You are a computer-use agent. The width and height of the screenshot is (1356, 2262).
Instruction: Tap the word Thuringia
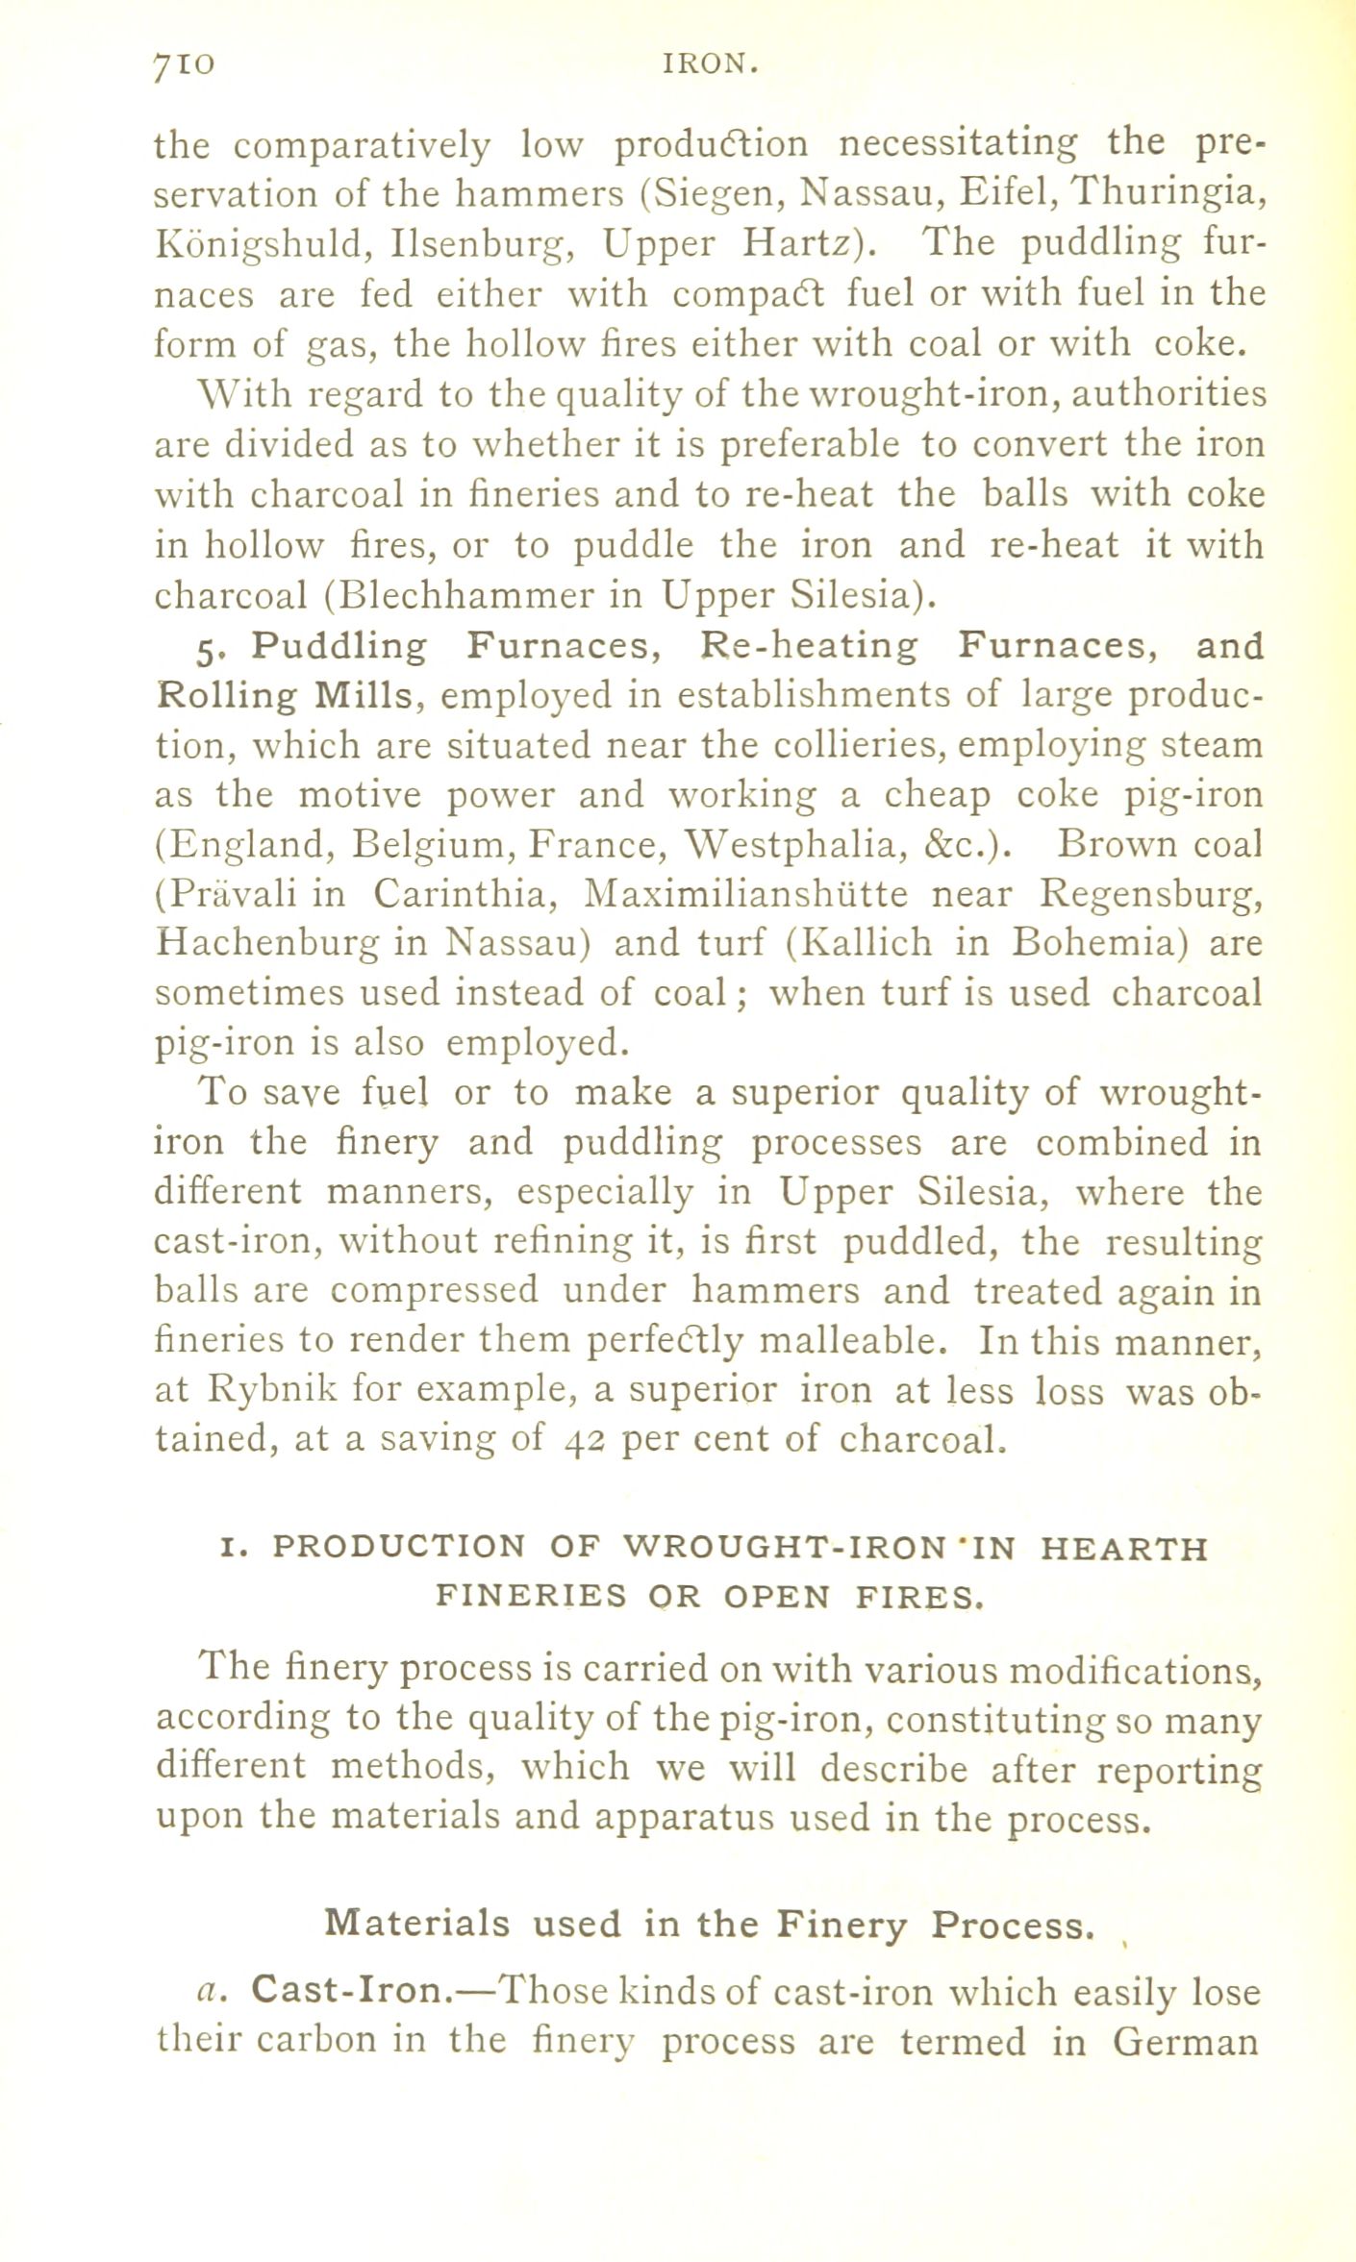click(x=1166, y=194)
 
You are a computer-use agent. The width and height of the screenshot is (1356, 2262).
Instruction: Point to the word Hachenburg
click(x=266, y=944)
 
